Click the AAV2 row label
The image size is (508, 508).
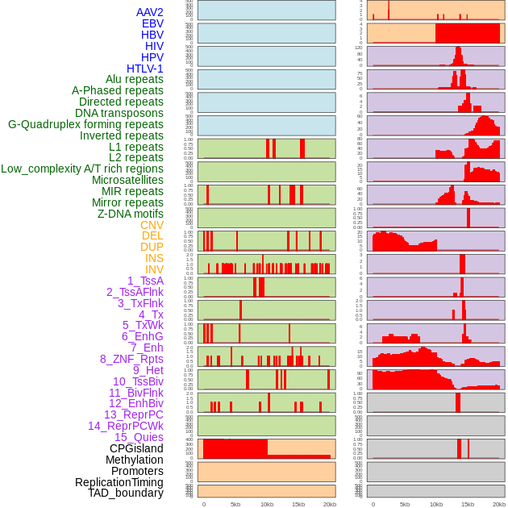click(x=150, y=12)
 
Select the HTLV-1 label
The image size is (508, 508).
click(x=145, y=69)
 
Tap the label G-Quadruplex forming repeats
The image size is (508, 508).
click(x=85, y=124)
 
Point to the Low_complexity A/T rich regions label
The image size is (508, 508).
click(x=82, y=169)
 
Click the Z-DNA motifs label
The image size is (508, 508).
click(x=130, y=214)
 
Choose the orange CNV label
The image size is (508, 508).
click(x=152, y=225)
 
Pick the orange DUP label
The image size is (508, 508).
click(x=152, y=247)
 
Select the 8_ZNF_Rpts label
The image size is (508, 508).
click(x=131, y=359)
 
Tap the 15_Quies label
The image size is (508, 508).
click(x=139, y=437)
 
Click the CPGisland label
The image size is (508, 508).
click(x=136, y=448)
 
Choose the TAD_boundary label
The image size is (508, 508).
click(x=126, y=493)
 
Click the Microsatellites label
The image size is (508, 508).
click(x=127, y=180)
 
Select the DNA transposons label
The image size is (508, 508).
click(x=119, y=113)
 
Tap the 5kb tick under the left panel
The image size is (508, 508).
click(x=235, y=504)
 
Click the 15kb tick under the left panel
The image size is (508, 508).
click(x=299, y=504)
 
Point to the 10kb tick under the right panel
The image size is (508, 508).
click(x=436, y=504)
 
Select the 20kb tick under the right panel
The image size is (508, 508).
click(x=499, y=504)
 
